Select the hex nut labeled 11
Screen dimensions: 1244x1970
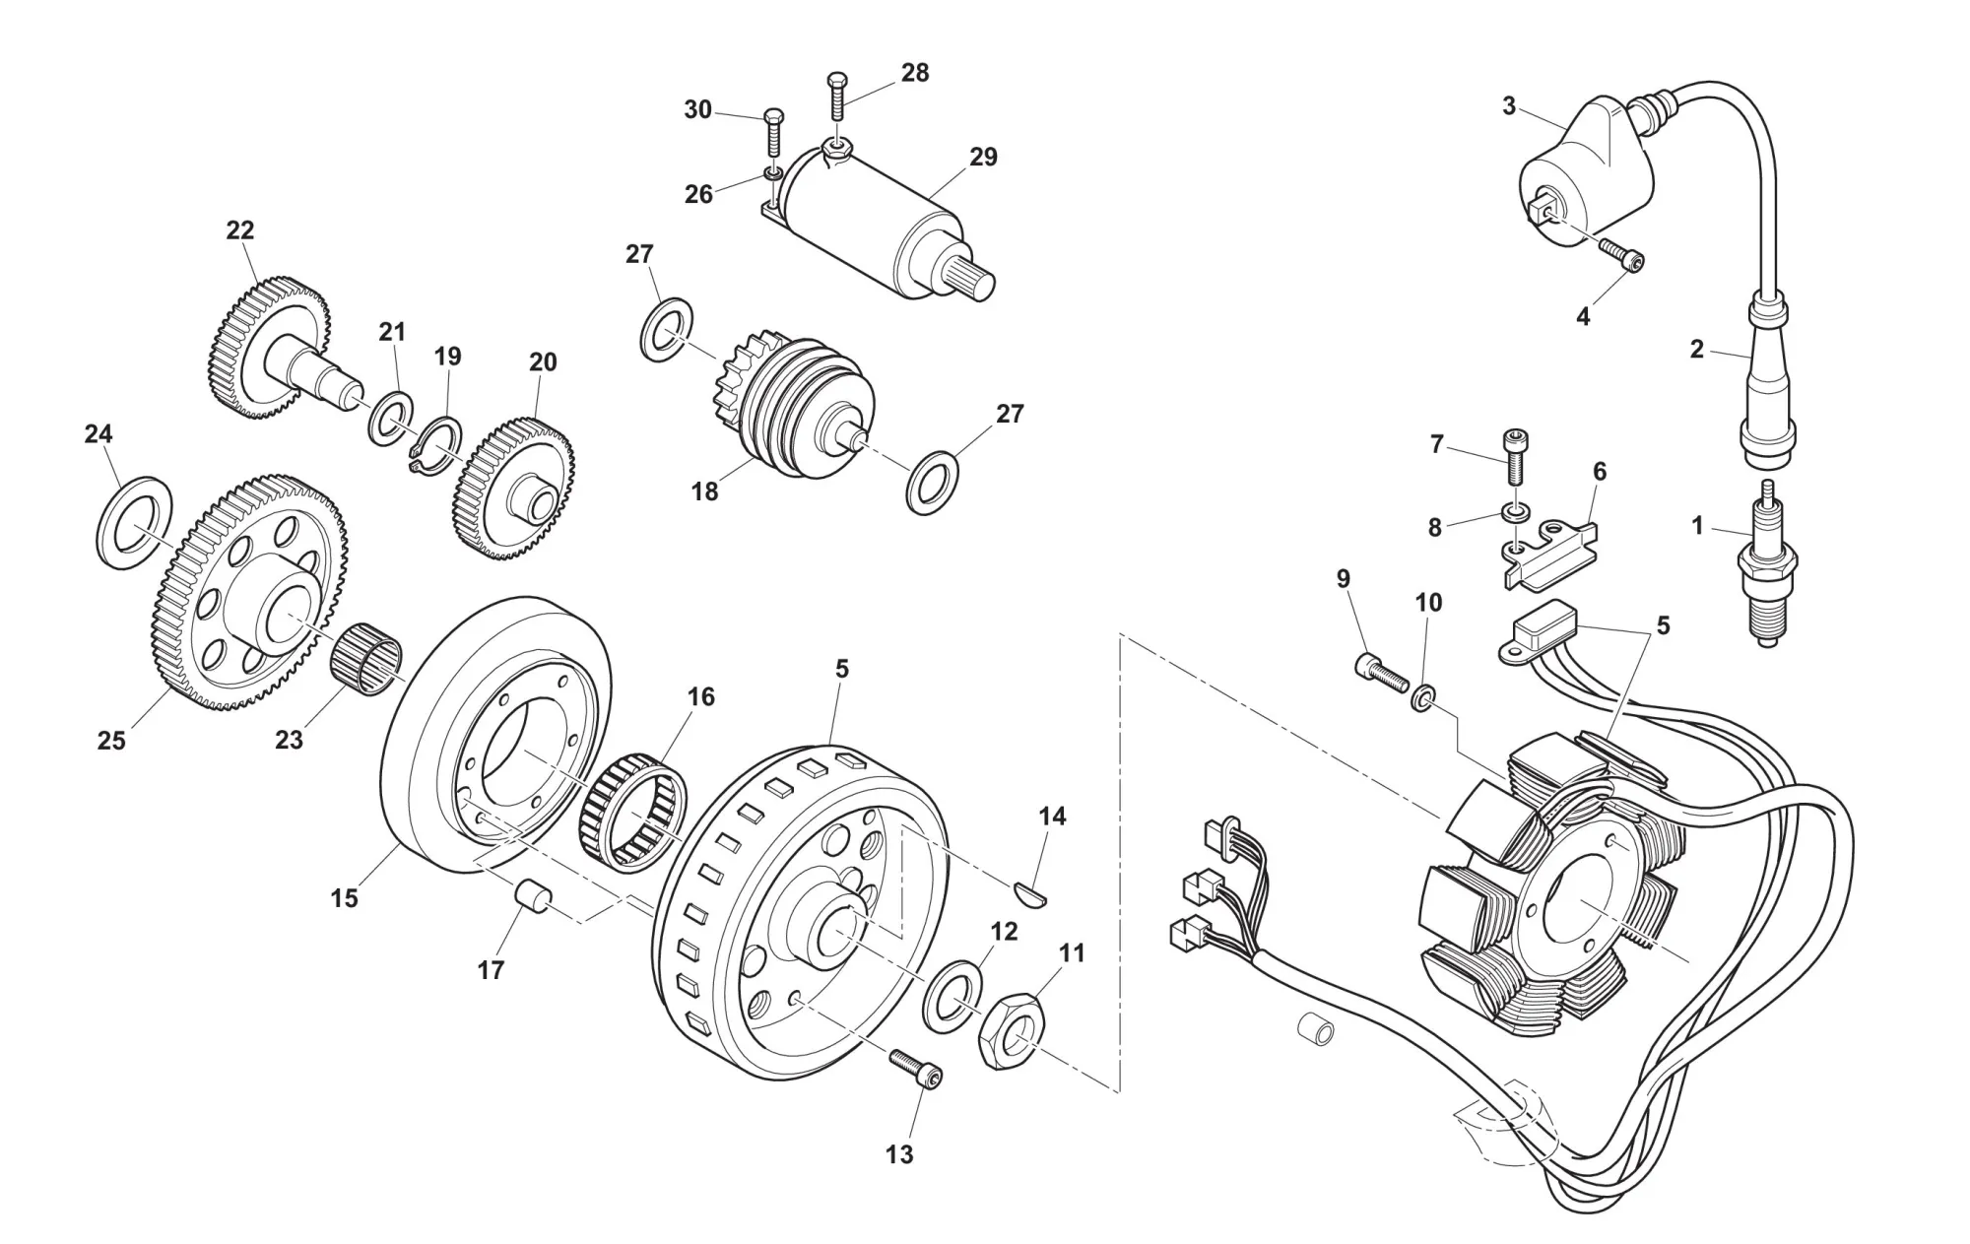(x=1013, y=1035)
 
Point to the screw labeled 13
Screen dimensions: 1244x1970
(x=916, y=1069)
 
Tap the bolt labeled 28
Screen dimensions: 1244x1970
(x=838, y=98)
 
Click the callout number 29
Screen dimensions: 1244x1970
(x=983, y=158)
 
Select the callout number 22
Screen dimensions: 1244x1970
(x=240, y=230)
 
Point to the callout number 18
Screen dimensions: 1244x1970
(x=705, y=491)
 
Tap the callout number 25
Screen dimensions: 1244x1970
(x=111, y=741)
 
